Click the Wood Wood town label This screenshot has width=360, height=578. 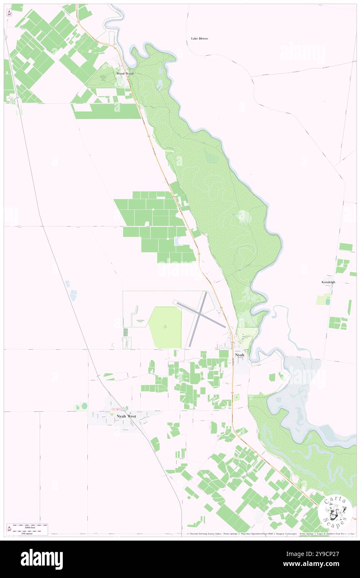click(x=125, y=73)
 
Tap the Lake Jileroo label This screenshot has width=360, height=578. click(x=199, y=38)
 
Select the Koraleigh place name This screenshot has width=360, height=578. click(x=328, y=282)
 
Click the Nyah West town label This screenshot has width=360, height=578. click(x=126, y=416)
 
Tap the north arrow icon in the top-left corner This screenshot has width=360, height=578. click(x=9, y=12)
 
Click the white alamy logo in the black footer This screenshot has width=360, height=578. click(x=42, y=559)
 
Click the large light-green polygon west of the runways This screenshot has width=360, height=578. click(x=165, y=327)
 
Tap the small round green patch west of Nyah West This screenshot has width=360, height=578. click(x=84, y=405)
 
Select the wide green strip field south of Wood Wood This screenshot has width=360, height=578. click(x=107, y=111)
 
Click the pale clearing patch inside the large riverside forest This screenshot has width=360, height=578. click(x=244, y=217)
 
